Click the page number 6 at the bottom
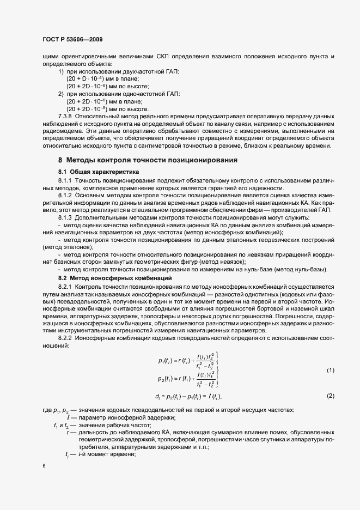[44, 466]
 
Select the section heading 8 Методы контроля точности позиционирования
[148, 160]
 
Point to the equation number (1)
[330, 371]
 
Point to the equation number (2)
[330, 396]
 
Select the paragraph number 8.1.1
[65, 180]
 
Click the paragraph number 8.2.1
[65, 286]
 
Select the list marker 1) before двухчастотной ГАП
[61, 71]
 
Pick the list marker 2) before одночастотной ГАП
[61, 94]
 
